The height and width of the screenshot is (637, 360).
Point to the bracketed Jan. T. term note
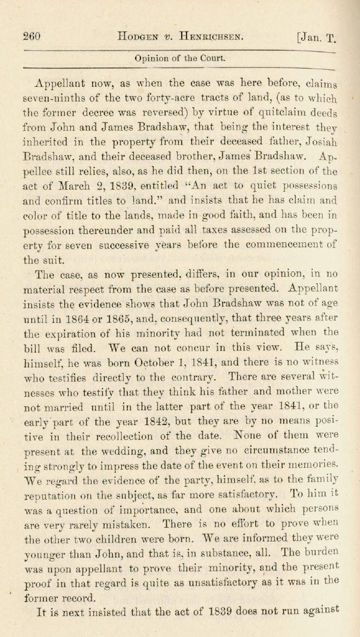pos(315,38)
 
